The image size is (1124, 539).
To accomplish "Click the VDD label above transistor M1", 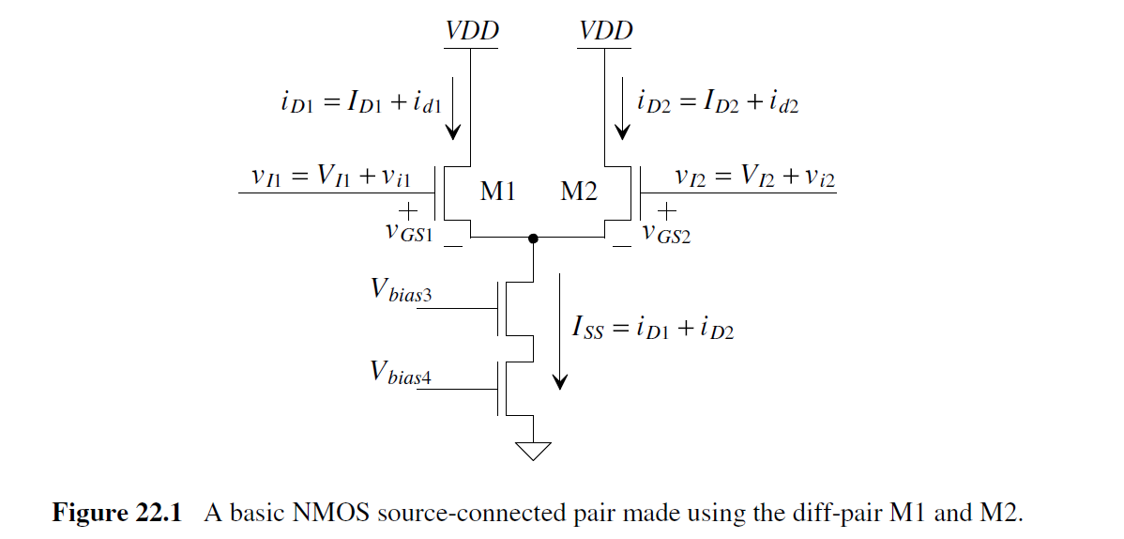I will click(x=472, y=31).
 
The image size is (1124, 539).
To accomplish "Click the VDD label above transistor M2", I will click(x=605, y=31).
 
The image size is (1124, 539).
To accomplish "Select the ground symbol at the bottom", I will click(x=533, y=451).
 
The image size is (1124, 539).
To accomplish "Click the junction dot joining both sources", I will click(x=533, y=239).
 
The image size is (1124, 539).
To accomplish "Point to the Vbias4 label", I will click(x=402, y=373).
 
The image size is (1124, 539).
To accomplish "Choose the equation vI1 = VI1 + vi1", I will click(x=345, y=177).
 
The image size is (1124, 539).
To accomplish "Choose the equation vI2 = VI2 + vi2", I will click(x=753, y=177).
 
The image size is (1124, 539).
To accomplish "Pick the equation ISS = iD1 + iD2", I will click(x=652, y=330).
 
